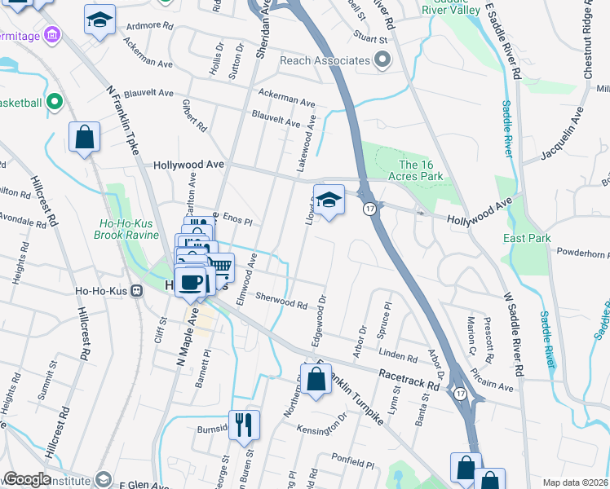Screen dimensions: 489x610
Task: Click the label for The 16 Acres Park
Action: click(421, 170)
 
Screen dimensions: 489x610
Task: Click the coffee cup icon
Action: click(190, 282)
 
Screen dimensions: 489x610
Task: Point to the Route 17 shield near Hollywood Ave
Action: click(369, 209)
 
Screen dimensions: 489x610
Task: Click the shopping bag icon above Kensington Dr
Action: click(315, 378)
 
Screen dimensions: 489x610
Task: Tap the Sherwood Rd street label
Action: click(281, 301)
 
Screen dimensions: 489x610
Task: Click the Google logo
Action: click(28, 480)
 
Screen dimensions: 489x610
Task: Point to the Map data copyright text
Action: click(574, 482)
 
